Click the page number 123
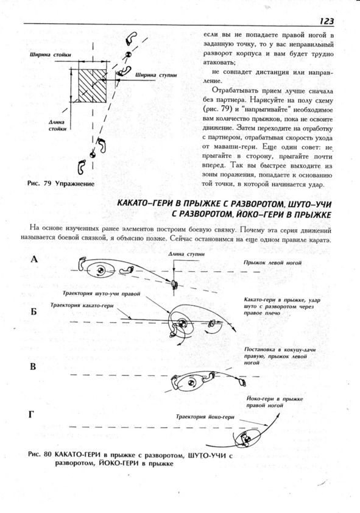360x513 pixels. click(326, 21)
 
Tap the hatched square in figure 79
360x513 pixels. click(92, 85)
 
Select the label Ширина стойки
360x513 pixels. click(50, 55)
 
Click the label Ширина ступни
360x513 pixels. click(157, 76)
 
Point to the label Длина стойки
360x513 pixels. click(57, 126)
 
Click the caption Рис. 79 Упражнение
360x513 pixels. click(61, 183)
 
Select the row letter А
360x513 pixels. click(34, 260)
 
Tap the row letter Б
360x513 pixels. click(34, 311)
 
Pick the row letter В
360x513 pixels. click(33, 366)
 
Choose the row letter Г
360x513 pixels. click(32, 415)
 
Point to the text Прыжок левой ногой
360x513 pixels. click(272, 263)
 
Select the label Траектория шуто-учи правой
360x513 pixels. click(101, 294)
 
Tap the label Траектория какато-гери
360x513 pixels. click(82, 305)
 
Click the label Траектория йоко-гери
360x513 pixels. click(205, 417)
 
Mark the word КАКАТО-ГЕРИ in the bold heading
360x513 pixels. click(143, 203)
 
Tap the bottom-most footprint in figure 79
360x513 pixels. click(81, 167)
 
